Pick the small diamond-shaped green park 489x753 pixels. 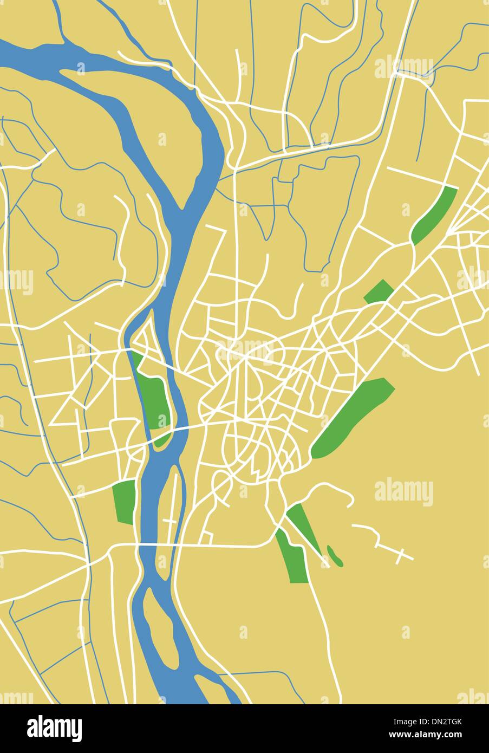pos(379,291)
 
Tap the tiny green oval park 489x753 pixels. pos(335,556)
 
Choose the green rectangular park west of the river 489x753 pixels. pos(125,501)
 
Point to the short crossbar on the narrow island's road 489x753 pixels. pos(169,521)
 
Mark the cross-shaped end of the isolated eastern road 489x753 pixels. pos(402,555)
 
